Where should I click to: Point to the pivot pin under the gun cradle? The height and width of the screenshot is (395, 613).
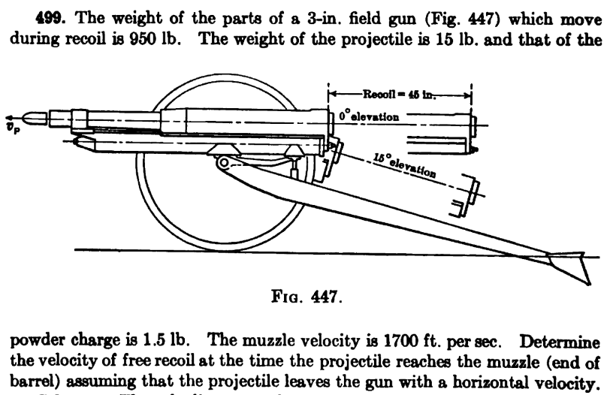coord(222,162)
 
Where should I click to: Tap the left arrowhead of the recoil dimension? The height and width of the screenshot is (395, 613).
coord(331,95)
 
